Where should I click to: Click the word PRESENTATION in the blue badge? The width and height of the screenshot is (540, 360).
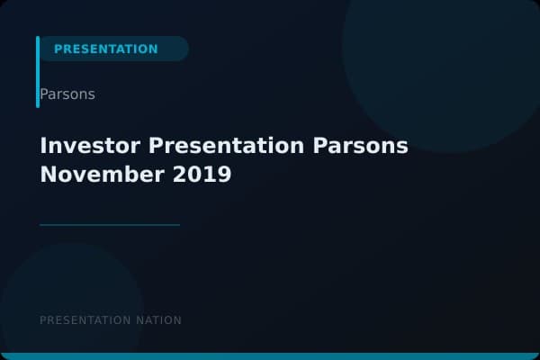pos(105,49)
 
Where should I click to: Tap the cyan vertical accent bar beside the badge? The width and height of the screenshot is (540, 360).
pos(38,72)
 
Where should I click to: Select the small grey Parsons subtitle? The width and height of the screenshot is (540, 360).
pos(67,94)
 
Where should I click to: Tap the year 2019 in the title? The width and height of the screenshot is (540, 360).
pos(202,174)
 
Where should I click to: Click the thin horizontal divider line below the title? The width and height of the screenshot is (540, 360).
pos(110,224)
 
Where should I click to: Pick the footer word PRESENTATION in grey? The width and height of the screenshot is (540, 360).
pos(86,320)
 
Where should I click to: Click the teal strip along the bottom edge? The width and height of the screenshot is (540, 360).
pos(270,356)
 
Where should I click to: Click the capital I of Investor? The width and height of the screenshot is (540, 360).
pos(43,146)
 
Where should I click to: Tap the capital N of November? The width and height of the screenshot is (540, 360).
pos(48,174)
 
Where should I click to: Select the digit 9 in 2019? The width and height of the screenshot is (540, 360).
pos(224,174)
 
